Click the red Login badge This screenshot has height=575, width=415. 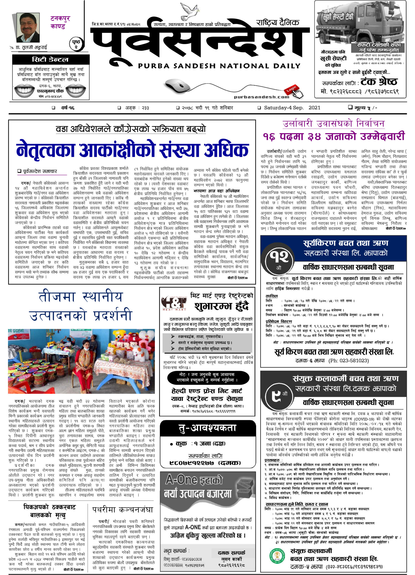coord(291,89)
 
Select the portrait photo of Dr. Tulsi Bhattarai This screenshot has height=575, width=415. coord(28,27)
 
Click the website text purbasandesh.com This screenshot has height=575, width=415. coord(261,97)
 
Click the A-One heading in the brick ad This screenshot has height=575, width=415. coord(194,480)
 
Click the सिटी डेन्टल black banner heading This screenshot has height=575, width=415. coord(50,60)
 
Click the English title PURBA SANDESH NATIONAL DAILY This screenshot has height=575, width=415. coord(219,66)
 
